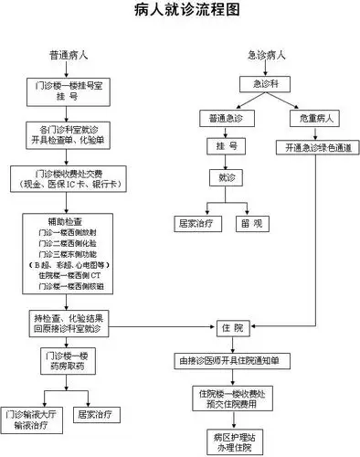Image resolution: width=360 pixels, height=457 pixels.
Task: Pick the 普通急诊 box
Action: [226, 119]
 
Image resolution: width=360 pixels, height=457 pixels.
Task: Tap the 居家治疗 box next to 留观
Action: [194, 222]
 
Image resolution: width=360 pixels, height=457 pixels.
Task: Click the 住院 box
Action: [233, 327]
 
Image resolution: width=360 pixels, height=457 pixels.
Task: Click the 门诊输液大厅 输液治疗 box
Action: [31, 419]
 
